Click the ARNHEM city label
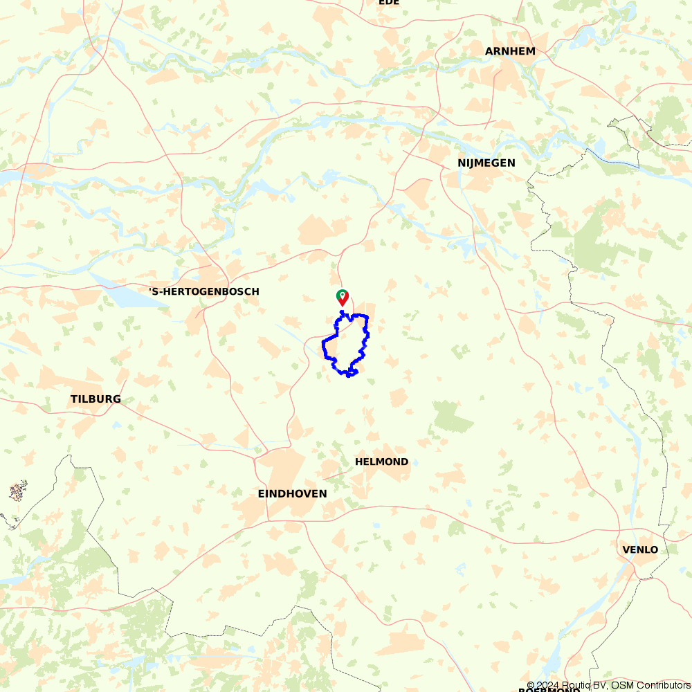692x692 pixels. [510, 51]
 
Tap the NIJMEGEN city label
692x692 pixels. [486, 163]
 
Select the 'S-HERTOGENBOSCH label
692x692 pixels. [204, 291]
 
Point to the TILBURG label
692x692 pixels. [95, 399]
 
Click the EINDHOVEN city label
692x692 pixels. [292, 493]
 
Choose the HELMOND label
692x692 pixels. [381, 462]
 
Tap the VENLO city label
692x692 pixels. [640, 549]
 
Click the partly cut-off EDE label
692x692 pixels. [389, 3]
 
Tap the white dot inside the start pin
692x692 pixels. [342, 295]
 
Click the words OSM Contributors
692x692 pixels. [650, 685]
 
